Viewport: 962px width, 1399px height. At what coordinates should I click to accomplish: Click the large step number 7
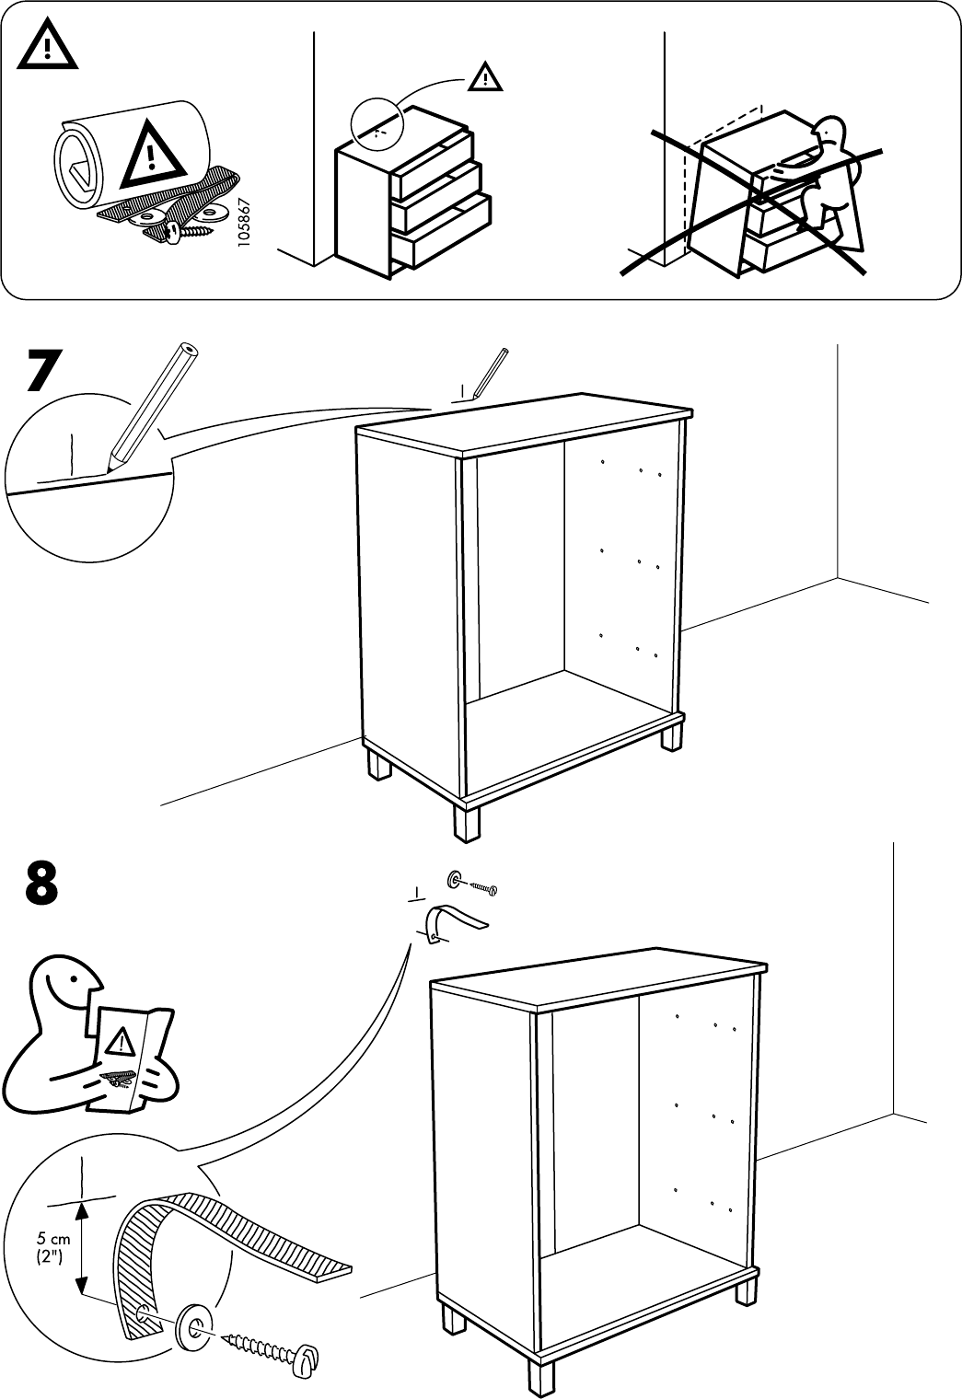45,370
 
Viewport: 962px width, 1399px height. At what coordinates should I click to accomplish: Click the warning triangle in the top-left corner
45,46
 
